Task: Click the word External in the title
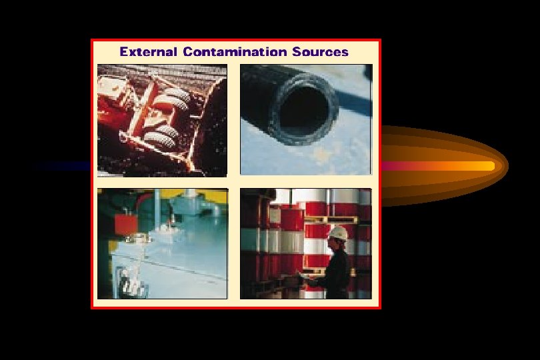[148, 51]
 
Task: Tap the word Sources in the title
[320, 51]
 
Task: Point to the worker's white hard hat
[339, 233]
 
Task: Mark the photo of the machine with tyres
[162, 120]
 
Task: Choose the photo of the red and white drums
[305, 243]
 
